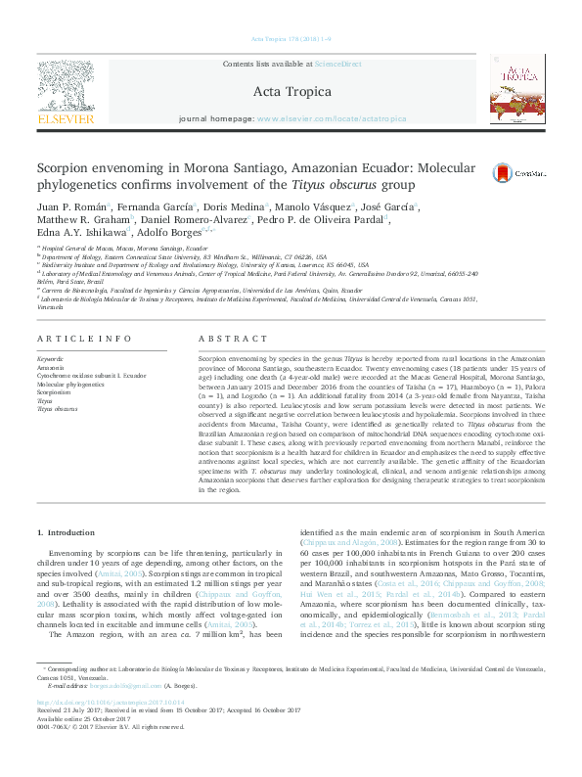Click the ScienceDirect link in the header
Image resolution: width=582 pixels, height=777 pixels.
pyautogui.click(x=337, y=64)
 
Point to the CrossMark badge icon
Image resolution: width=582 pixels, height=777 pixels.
pyautogui.click(x=502, y=170)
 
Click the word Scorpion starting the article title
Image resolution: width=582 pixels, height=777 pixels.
pyautogui.click(x=64, y=167)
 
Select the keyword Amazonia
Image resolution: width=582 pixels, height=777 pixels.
pyautogui.click(x=50, y=368)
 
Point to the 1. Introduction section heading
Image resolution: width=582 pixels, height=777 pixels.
pyautogui.click(x=67, y=532)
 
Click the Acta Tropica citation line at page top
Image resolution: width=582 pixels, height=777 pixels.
pyautogui.click(x=291, y=40)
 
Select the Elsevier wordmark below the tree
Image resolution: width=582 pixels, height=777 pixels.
pyautogui.click(x=66, y=119)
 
